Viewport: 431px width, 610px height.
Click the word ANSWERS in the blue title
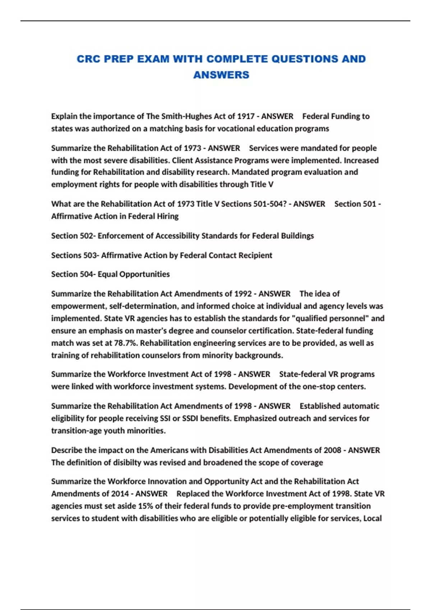click(x=221, y=75)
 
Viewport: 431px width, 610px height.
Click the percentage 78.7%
click(x=126, y=343)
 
